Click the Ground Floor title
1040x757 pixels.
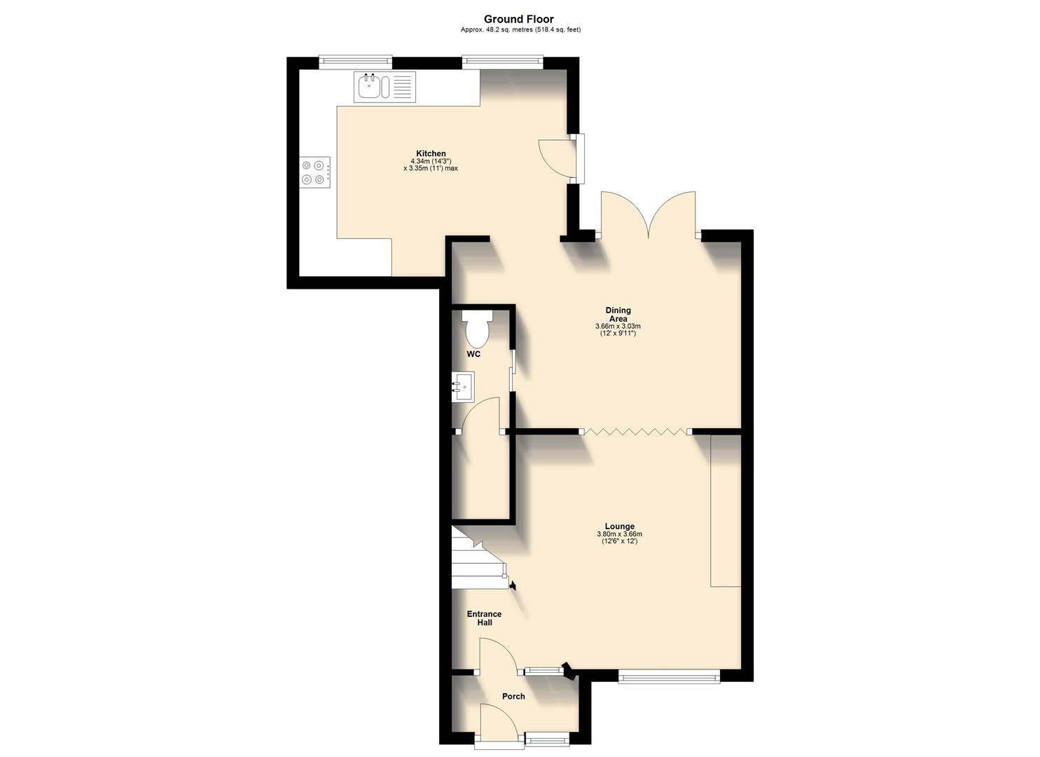pyautogui.click(x=519, y=19)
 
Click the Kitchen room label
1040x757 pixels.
pyautogui.click(x=431, y=154)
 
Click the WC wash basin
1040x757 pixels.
pyautogui.click(x=462, y=386)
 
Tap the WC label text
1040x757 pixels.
pyautogui.click(x=474, y=354)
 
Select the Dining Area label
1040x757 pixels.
pyautogui.click(x=618, y=314)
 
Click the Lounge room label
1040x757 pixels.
pyautogui.click(x=620, y=526)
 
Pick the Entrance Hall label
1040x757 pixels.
pyautogui.click(x=485, y=618)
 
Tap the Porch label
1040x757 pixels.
pyautogui.click(x=513, y=696)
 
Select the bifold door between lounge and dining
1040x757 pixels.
pyautogui.click(x=635, y=432)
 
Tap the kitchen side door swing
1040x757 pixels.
pyautogui.click(x=557, y=158)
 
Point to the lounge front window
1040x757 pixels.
pyautogui.click(x=669, y=676)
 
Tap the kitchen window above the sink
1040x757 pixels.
pyautogui.click(x=355, y=62)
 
